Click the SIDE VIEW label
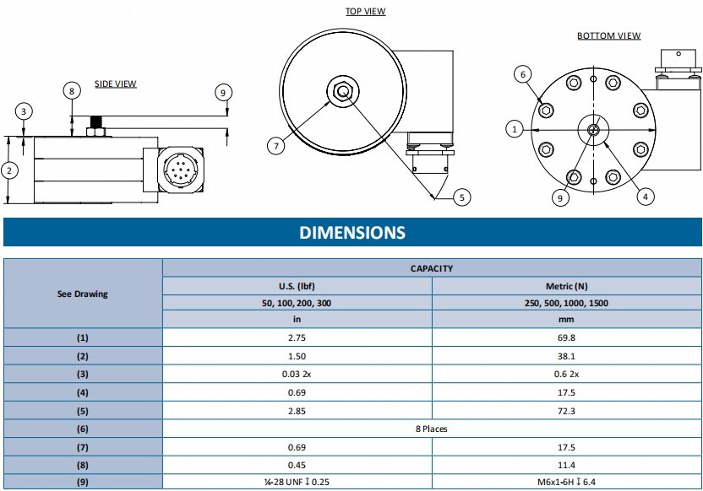tap(115, 84)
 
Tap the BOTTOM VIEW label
tap(608, 36)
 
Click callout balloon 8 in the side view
tap(72, 90)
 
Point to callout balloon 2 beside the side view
tap(8, 170)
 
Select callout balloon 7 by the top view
tap(275, 146)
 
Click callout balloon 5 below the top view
tap(460, 197)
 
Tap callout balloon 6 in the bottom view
tap(523, 74)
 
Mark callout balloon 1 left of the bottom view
tap(513, 129)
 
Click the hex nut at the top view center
tap(341, 90)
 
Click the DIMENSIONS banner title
tap(351, 233)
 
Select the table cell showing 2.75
tap(297, 337)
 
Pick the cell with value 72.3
tap(566, 410)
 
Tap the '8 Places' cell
tap(431, 429)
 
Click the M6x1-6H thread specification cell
tap(566, 483)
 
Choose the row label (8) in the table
tap(82, 465)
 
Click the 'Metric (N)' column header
tap(566, 286)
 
